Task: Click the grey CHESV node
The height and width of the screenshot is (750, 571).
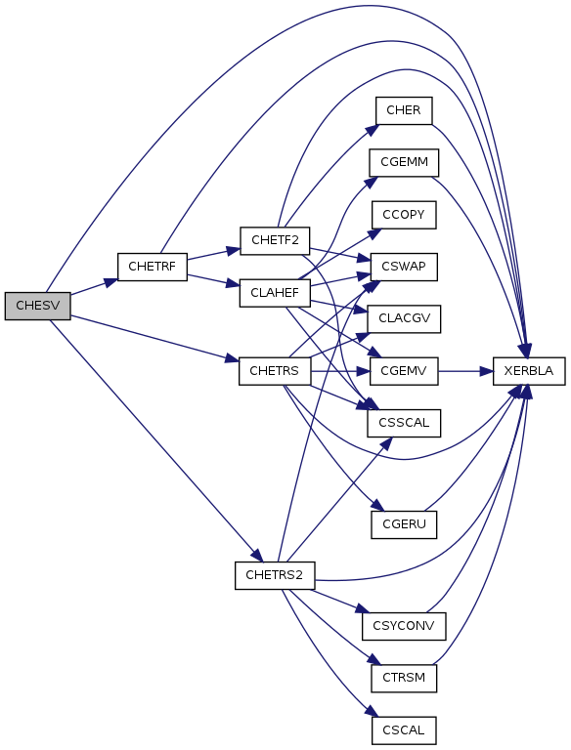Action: click(x=38, y=306)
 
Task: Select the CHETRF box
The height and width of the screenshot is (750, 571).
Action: click(x=153, y=267)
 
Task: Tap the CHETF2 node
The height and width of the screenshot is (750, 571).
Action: click(x=275, y=240)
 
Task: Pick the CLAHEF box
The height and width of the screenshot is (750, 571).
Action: click(x=275, y=293)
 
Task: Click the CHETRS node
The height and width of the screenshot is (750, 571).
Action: click(x=275, y=371)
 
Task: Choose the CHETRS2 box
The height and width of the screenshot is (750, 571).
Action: click(x=275, y=575)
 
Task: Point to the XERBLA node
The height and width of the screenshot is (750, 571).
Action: click(x=529, y=371)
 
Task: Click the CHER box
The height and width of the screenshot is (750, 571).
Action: click(x=404, y=110)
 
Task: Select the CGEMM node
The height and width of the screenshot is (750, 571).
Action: click(x=404, y=163)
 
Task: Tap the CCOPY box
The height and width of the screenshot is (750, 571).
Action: click(x=404, y=215)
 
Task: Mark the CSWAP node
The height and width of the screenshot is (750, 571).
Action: click(x=404, y=267)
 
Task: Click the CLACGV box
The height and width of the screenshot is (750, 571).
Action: click(x=404, y=318)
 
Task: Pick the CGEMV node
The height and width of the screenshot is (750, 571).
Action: click(x=404, y=371)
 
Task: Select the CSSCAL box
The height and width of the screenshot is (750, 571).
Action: click(x=404, y=423)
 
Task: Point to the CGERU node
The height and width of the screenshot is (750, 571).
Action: click(x=404, y=524)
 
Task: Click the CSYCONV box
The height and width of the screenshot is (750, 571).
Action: click(x=404, y=626)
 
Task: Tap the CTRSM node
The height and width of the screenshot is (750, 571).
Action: click(x=404, y=679)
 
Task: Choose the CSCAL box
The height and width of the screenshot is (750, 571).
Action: click(x=404, y=730)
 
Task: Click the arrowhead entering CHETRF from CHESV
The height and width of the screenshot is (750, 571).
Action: click(x=111, y=282)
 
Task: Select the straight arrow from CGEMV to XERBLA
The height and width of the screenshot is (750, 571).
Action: click(x=465, y=371)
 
